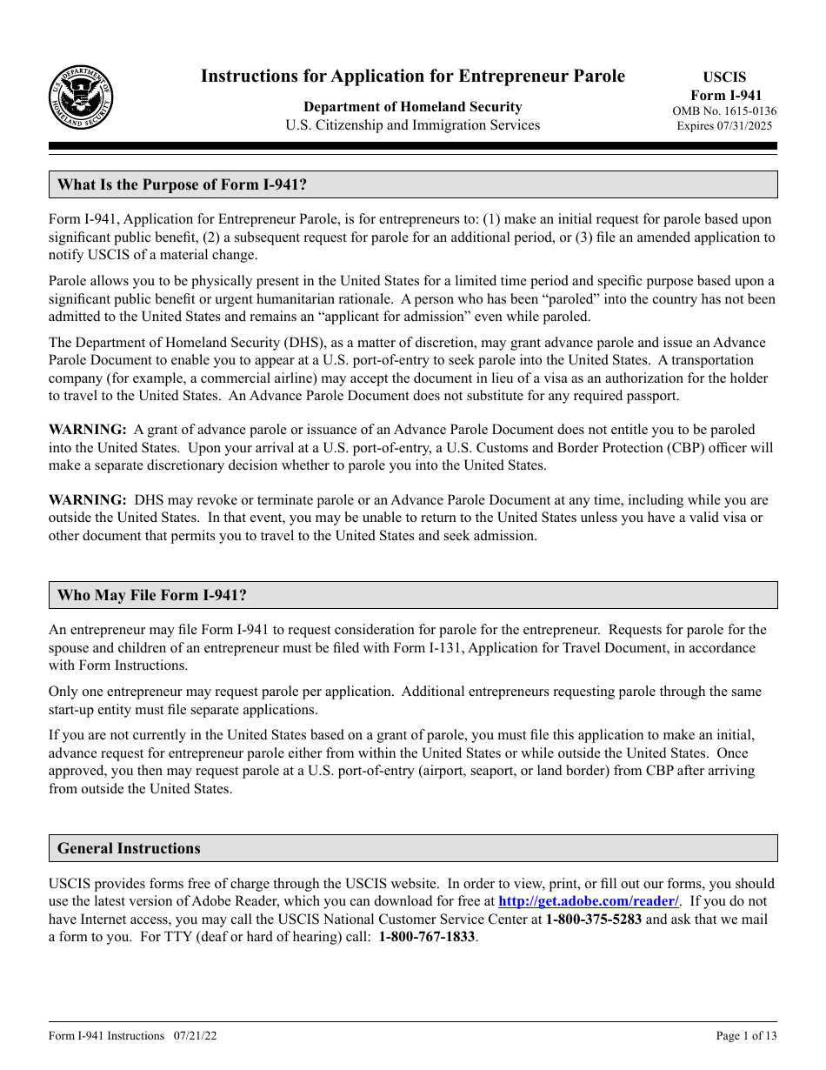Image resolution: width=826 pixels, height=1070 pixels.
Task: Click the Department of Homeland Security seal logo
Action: point(80,97)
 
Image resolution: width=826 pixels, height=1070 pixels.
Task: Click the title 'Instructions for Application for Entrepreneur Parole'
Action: point(412,77)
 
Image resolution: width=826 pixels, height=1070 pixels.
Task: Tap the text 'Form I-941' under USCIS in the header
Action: point(726,96)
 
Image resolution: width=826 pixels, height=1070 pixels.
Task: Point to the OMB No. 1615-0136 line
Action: point(724,111)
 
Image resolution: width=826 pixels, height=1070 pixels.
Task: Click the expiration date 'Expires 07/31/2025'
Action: point(724,126)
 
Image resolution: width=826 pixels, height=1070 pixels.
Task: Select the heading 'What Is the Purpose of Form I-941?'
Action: point(182,184)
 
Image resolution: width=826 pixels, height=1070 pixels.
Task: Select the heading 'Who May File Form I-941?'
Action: point(151,595)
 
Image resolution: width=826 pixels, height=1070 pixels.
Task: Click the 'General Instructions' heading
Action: point(129,848)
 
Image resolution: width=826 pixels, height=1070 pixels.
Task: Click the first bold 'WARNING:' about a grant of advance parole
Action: point(87,430)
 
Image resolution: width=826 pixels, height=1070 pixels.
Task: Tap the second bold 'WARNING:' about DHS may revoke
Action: point(87,500)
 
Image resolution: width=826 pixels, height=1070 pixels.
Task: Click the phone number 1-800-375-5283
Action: point(593,920)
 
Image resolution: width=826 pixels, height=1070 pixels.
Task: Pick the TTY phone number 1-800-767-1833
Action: point(427,938)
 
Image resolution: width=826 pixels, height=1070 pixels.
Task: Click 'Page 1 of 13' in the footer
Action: point(746,1036)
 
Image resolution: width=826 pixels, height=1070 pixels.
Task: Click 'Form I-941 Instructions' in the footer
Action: point(106,1036)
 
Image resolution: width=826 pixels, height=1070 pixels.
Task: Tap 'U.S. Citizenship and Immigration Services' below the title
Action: point(412,125)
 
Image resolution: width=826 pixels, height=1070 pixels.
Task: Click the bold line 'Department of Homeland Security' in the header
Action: point(412,107)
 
